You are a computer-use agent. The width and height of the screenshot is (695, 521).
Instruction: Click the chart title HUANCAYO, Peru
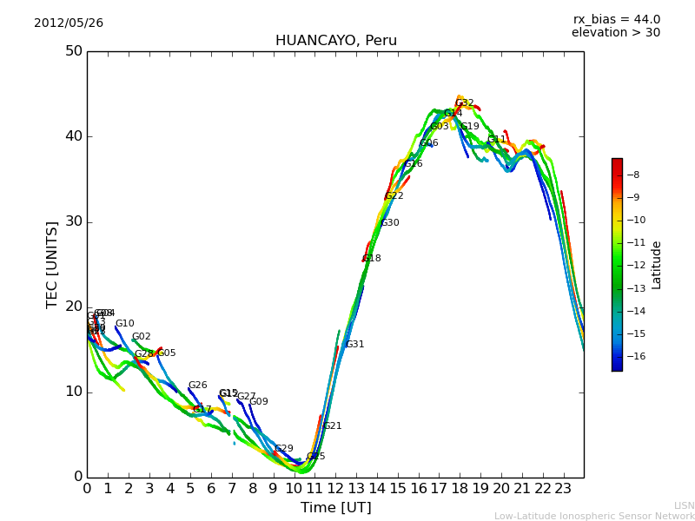click(335, 41)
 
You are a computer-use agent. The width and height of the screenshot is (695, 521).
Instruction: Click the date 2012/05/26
click(69, 23)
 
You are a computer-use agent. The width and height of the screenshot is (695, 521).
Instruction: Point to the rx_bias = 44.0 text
click(616, 20)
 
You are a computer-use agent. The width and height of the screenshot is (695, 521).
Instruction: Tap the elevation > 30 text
click(615, 33)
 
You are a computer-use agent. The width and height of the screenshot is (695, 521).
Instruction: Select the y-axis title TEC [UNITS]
click(52, 264)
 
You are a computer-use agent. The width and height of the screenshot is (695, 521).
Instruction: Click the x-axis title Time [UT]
click(335, 508)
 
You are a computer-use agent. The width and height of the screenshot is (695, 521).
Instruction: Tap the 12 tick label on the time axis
click(335, 489)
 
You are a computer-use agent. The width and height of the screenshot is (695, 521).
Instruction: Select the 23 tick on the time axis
click(563, 489)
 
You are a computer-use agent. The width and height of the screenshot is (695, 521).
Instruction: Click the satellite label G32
click(465, 103)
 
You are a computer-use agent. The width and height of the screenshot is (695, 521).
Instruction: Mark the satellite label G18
click(372, 259)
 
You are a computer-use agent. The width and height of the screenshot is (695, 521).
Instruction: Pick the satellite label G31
click(354, 345)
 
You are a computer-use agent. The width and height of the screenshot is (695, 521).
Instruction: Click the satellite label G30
click(390, 223)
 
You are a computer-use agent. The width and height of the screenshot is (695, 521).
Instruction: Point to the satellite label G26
click(198, 386)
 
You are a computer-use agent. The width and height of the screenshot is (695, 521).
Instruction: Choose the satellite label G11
click(496, 140)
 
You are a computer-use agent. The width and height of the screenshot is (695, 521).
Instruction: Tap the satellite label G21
click(332, 426)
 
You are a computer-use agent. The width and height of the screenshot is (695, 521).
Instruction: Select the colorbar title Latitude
click(657, 265)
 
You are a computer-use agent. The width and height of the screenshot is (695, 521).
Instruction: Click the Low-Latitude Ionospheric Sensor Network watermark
click(594, 517)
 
